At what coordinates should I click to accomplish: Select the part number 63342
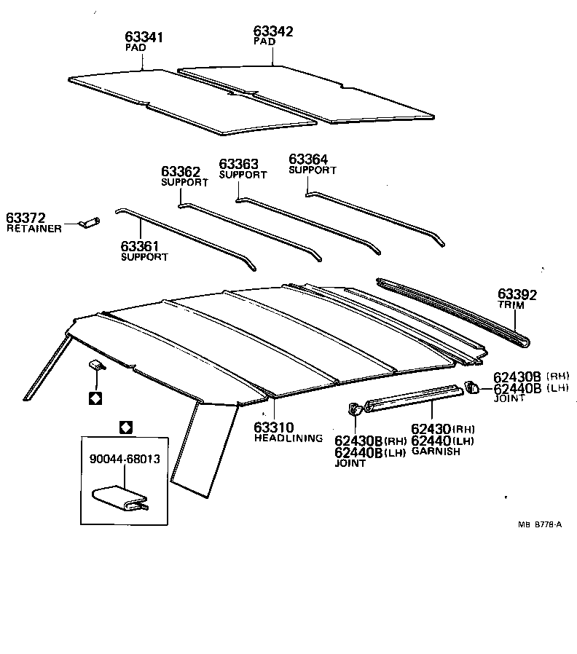(x=273, y=31)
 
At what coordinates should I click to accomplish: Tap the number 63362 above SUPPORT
(x=181, y=172)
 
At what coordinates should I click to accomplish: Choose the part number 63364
(x=309, y=159)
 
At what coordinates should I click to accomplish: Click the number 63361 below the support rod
(x=141, y=247)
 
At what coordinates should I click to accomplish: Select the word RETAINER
(x=34, y=229)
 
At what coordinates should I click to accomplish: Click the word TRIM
(x=511, y=306)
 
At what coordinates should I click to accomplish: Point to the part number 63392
(x=517, y=295)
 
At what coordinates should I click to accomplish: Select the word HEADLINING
(x=288, y=438)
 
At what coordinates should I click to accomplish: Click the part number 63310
(x=274, y=428)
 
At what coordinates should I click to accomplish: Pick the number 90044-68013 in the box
(x=125, y=459)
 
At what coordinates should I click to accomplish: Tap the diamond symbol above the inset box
(x=125, y=427)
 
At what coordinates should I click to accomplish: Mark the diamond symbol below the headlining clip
(x=95, y=398)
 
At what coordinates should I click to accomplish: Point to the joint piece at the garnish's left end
(x=356, y=410)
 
